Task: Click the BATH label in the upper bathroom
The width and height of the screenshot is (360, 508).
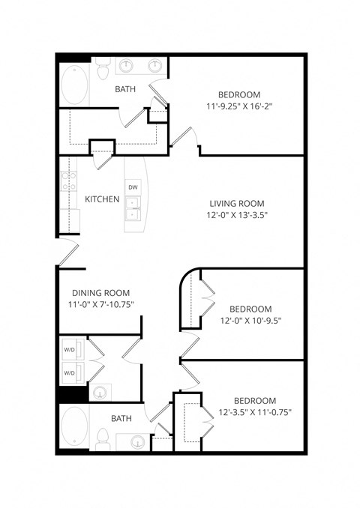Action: click(x=125, y=90)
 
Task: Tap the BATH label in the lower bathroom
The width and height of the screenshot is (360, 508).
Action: click(x=123, y=419)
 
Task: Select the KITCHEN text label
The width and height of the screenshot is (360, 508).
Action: click(x=101, y=199)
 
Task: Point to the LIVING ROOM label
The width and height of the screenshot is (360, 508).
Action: click(x=236, y=203)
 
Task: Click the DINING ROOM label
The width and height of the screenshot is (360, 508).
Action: click(x=101, y=293)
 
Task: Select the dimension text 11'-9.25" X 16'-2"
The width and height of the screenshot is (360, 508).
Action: click(x=239, y=106)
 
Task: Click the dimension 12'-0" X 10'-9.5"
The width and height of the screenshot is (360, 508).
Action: click(x=250, y=321)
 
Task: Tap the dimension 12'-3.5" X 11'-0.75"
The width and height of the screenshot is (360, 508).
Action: click(x=255, y=412)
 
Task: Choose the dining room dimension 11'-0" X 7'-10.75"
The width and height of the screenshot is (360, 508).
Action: click(x=101, y=305)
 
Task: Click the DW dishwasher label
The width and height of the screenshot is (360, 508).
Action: click(x=133, y=187)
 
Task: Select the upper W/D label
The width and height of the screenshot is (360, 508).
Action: click(x=69, y=348)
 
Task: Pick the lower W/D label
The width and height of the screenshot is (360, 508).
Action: click(x=69, y=372)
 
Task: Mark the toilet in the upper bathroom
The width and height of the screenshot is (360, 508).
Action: click(x=104, y=69)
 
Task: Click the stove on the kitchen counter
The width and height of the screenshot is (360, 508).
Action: click(x=68, y=180)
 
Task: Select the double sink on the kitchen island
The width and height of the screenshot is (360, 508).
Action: click(x=133, y=208)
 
